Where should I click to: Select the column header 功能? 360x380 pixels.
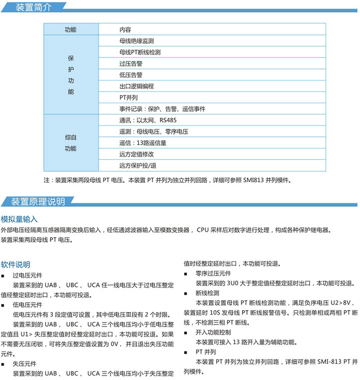[x=70, y=29]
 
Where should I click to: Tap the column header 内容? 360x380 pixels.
[x=125, y=29]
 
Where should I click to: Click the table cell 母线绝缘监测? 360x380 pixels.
[x=136, y=41]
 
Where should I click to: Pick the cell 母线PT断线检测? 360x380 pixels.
[x=139, y=52]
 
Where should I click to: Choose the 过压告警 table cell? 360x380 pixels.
[x=130, y=63]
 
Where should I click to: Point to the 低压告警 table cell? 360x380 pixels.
[x=130, y=75]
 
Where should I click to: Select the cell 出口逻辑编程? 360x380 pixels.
[x=136, y=86]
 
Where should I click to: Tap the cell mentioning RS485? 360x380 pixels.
[x=147, y=120]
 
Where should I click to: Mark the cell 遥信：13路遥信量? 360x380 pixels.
[x=142, y=143]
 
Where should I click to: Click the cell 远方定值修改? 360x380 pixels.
[x=136, y=154]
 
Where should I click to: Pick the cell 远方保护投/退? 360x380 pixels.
[x=137, y=165]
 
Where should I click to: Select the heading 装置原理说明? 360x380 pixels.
[x=38, y=202]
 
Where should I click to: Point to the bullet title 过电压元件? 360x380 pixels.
[x=27, y=275]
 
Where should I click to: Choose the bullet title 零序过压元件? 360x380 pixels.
[x=213, y=273]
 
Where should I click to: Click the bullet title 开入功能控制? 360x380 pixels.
[x=213, y=332]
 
